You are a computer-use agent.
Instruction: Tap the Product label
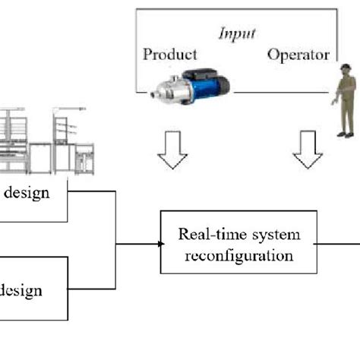pyautogui.click(x=169, y=55)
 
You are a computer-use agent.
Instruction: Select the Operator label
pyautogui.click(x=298, y=55)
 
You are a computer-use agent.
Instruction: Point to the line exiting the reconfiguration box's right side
pyautogui.click(x=338, y=244)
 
